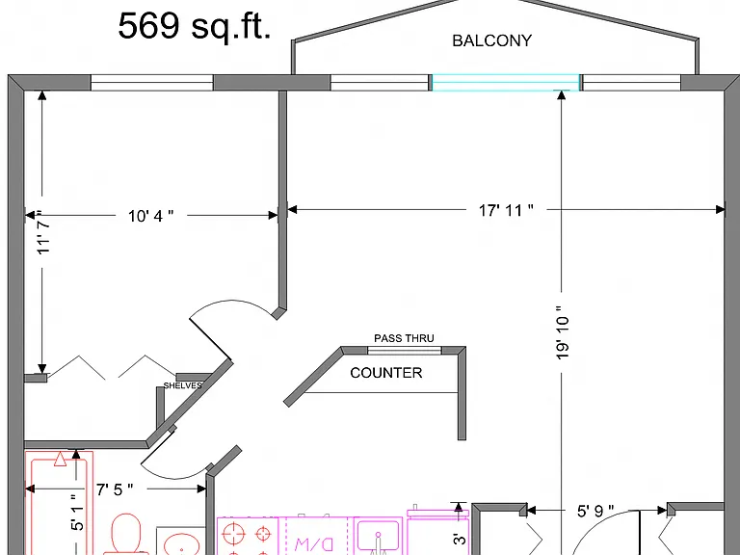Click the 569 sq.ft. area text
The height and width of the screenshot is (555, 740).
pyautogui.click(x=195, y=26)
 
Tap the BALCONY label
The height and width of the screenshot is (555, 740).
pyautogui.click(x=491, y=40)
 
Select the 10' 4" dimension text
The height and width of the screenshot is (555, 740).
pyautogui.click(x=150, y=216)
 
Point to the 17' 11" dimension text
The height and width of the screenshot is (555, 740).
pyautogui.click(x=506, y=210)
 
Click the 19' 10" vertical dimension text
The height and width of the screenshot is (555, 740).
pyautogui.click(x=562, y=332)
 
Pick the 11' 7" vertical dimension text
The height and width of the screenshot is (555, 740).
pyautogui.click(x=43, y=232)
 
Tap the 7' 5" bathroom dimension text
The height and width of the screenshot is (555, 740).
pyautogui.click(x=115, y=489)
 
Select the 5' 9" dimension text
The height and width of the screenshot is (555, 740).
pyautogui.click(x=595, y=511)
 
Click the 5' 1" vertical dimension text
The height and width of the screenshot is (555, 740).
pyautogui.click(x=77, y=512)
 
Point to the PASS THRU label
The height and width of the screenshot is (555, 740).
pyautogui.click(x=404, y=338)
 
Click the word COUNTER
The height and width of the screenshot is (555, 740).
pyautogui.click(x=386, y=373)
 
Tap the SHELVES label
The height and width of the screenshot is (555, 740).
pyautogui.click(x=183, y=385)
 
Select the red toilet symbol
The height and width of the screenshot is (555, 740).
pyautogui.click(x=126, y=534)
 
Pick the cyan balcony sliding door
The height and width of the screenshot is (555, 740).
pyautogui.click(x=506, y=83)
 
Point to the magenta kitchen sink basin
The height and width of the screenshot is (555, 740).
pyautogui.click(x=378, y=537)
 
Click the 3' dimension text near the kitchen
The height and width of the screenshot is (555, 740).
pyautogui.click(x=460, y=538)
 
